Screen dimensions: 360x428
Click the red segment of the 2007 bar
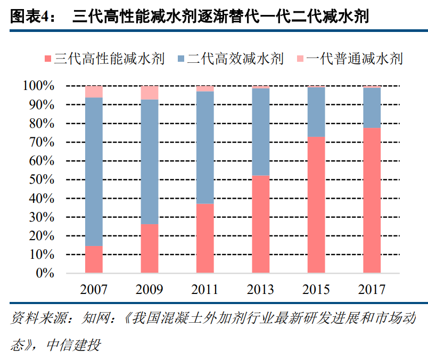click(x=94, y=259)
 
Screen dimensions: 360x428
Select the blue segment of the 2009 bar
click(x=150, y=162)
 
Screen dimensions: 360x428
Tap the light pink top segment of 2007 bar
click(x=94, y=92)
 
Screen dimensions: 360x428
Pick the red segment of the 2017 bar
click(x=372, y=200)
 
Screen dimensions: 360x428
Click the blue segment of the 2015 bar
click(x=316, y=112)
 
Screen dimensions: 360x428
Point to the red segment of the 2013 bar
click(x=261, y=224)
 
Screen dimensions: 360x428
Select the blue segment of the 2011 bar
click(x=205, y=148)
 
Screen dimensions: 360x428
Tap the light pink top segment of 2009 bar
click(x=150, y=93)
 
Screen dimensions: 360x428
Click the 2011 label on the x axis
click(x=205, y=290)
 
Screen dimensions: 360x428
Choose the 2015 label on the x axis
click(x=316, y=290)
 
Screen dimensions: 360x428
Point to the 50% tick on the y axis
click(x=38, y=179)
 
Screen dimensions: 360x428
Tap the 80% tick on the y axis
click(x=38, y=124)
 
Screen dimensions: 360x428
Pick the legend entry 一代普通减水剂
click(x=354, y=58)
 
